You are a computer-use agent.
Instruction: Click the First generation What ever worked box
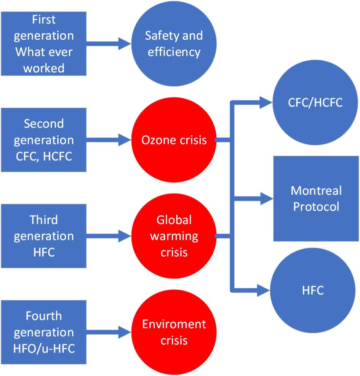pos(43,43)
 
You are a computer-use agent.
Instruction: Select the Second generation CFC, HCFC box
pos(43,140)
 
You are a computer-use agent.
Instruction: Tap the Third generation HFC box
pos(43,236)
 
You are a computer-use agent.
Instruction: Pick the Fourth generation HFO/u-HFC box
pos(43,332)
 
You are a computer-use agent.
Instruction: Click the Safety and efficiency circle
pos(173,44)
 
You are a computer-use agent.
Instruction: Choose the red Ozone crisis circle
pos(173,140)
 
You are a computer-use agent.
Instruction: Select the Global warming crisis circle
pos(173,236)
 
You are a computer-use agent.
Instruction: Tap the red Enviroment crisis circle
pos(173,332)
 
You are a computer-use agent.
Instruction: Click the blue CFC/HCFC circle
pos(315,102)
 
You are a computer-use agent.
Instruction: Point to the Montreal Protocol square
pos(316,199)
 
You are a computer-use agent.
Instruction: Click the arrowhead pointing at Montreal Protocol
pos(266,199)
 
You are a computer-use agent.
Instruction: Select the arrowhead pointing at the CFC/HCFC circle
pos(264,102)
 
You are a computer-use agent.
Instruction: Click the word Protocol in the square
pos(316,206)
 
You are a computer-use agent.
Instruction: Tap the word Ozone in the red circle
pos(154,140)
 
